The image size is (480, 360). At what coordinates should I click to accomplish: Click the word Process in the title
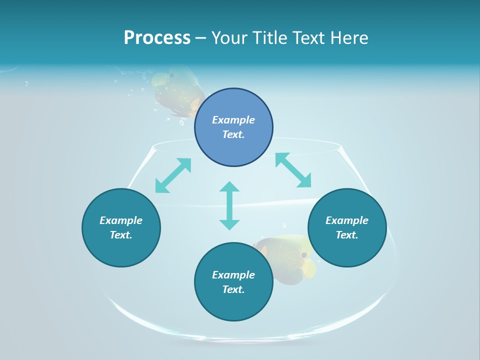(x=157, y=38)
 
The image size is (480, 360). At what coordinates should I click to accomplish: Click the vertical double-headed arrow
(x=229, y=205)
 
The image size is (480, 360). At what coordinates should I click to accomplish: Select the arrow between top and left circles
(x=173, y=175)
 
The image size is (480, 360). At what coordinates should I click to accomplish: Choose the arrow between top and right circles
(x=293, y=170)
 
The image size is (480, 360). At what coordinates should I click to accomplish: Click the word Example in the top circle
(x=233, y=120)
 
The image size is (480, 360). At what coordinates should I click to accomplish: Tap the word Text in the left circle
(x=121, y=235)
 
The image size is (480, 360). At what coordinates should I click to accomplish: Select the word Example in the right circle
(x=347, y=220)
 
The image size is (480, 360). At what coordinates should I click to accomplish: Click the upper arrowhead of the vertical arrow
(x=229, y=187)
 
